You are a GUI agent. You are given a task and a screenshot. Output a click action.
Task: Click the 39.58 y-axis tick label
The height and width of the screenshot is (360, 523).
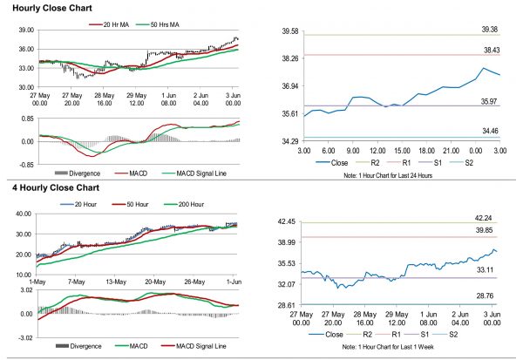tap(287, 31)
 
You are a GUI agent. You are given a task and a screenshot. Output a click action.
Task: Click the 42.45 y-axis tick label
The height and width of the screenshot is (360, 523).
tap(287, 221)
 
